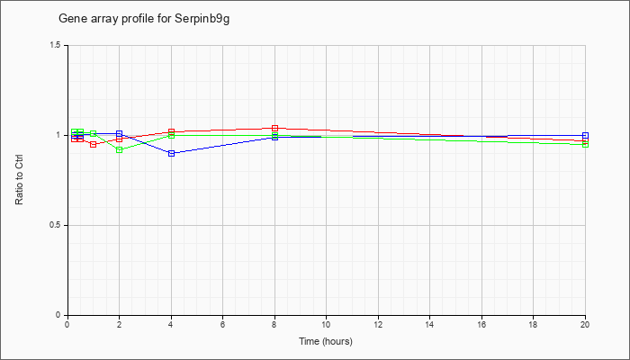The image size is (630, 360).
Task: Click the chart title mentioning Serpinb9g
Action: tap(144, 19)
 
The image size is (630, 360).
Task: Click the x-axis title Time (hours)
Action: tap(326, 341)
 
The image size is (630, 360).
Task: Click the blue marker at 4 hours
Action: tap(172, 153)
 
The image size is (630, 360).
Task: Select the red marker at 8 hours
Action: tap(274, 128)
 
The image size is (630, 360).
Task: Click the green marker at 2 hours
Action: tap(120, 150)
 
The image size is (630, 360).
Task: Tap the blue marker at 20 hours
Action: tap(585, 135)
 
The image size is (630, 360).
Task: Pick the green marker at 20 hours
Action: tap(585, 144)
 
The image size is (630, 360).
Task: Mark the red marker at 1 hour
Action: tap(94, 144)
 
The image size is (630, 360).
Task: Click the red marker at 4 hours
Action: tap(172, 131)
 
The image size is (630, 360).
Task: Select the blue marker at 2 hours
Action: tap(120, 133)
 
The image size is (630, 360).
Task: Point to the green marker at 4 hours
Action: tap(172, 136)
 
